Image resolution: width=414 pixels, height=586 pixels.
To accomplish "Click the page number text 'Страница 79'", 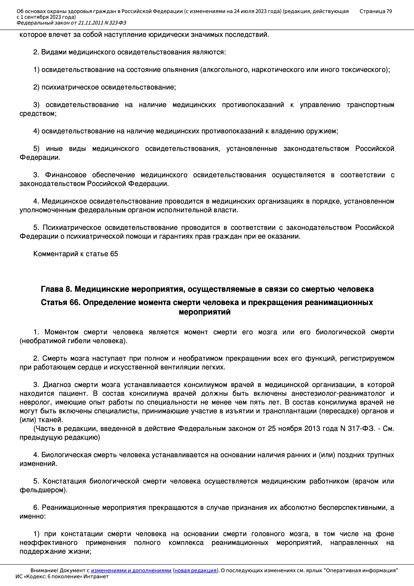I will [x=375, y=11].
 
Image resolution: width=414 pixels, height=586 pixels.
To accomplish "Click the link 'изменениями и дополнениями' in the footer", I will [x=131, y=570].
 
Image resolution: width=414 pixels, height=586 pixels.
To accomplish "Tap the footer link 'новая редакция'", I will [x=195, y=570].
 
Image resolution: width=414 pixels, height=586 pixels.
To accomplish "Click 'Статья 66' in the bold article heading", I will [x=60, y=303].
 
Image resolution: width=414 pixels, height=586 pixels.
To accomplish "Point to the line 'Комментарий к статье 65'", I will [x=75, y=254].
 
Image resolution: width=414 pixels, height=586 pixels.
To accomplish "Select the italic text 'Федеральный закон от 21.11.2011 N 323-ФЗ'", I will [x=71, y=23].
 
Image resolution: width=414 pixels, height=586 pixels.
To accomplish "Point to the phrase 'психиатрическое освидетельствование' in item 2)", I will [x=109, y=87].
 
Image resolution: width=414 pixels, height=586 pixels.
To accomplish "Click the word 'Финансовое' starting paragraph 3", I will [x=66, y=175].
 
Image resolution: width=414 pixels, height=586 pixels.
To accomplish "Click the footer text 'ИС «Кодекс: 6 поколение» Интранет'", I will [x=62, y=576].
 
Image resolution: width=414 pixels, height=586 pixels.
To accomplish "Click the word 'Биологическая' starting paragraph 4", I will [x=66, y=455].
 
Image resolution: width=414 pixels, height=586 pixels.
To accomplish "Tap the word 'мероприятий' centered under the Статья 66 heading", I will [x=205, y=312].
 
